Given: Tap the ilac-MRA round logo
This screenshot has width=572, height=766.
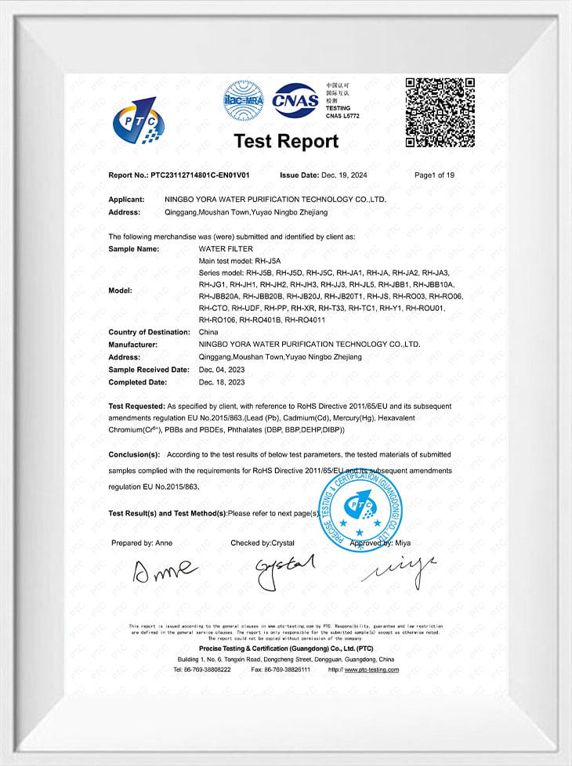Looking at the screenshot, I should coord(243,100).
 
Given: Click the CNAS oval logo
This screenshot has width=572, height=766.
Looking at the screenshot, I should coord(295,100).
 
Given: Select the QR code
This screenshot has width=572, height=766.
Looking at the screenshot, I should coord(440,112).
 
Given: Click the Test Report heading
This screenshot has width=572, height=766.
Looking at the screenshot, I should coord(286,141).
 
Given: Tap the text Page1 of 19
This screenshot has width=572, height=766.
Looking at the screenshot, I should coord(435,175).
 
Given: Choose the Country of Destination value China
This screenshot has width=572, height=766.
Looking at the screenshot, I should coord(209,332).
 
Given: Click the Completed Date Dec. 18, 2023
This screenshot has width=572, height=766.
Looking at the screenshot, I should coord(223,382).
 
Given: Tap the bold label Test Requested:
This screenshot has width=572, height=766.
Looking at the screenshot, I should coord(137,406).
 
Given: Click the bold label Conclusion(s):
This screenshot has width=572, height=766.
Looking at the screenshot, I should coord(134,454).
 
